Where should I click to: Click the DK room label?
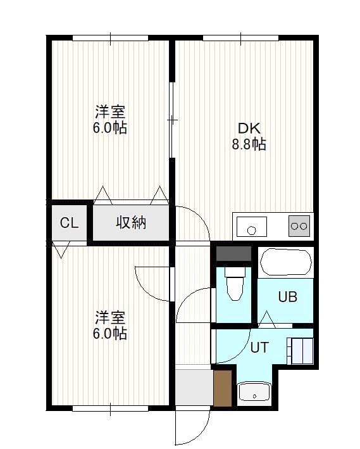click(x=249, y=129)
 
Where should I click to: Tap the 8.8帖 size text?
click(x=249, y=144)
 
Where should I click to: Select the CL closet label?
click(x=69, y=223)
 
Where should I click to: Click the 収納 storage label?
click(x=131, y=222)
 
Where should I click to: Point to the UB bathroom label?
click(x=288, y=297)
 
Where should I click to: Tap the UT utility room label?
click(x=259, y=348)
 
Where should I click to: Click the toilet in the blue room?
click(x=235, y=284)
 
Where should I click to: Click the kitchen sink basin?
click(x=252, y=226)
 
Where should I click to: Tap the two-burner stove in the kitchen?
click(x=299, y=226)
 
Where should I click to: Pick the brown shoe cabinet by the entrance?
click(x=223, y=388)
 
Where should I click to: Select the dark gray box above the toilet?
click(x=234, y=254)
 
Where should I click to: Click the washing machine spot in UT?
click(x=300, y=351)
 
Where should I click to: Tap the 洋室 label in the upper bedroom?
click(x=110, y=111)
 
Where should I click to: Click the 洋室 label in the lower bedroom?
click(x=110, y=317)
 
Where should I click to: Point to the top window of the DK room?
click(x=240, y=38)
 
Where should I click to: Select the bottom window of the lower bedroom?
click(x=111, y=408)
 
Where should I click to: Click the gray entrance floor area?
click(x=194, y=388)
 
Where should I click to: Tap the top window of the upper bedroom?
click(x=111, y=38)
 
